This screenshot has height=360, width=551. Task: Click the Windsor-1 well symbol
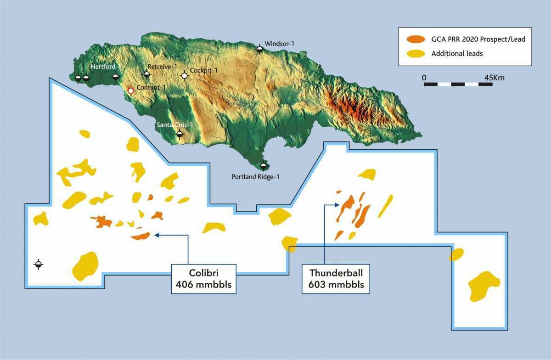[259, 49]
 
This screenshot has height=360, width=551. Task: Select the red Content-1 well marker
[131, 90]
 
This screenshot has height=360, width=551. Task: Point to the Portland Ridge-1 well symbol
[263, 166]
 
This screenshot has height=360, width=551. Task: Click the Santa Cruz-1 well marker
[180, 134]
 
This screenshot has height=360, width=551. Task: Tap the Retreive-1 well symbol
[147, 74]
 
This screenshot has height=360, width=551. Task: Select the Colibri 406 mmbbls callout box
[203, 279]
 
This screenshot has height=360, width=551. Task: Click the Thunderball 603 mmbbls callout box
[336, 279]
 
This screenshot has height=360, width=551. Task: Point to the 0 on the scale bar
[424, 78]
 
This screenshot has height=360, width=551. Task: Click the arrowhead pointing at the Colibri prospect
[157, 235]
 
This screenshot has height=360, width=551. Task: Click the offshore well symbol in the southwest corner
[38, 264]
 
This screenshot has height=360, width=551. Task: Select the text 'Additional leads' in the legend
[457, 54]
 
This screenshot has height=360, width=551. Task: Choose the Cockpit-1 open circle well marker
[185, 75]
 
